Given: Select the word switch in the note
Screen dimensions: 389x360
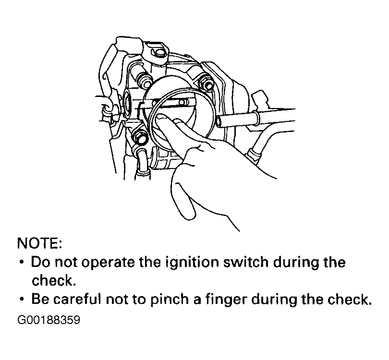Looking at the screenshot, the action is click(245, 262).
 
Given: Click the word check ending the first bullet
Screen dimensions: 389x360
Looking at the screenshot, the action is click(53, 281).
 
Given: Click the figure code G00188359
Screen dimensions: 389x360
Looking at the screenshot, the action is click(49, 320).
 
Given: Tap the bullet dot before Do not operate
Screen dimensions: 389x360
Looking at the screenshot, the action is click(22, 262).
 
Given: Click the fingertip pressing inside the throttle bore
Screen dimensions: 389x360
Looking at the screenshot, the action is click(162, 118).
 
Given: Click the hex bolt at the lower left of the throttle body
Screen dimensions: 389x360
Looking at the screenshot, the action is click(139, 138).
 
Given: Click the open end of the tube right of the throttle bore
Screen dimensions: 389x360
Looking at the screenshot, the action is click(219, 121).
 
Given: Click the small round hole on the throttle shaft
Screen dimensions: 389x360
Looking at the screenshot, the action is click(182, 102).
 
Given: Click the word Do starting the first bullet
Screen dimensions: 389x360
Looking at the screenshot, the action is click(40, 262).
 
